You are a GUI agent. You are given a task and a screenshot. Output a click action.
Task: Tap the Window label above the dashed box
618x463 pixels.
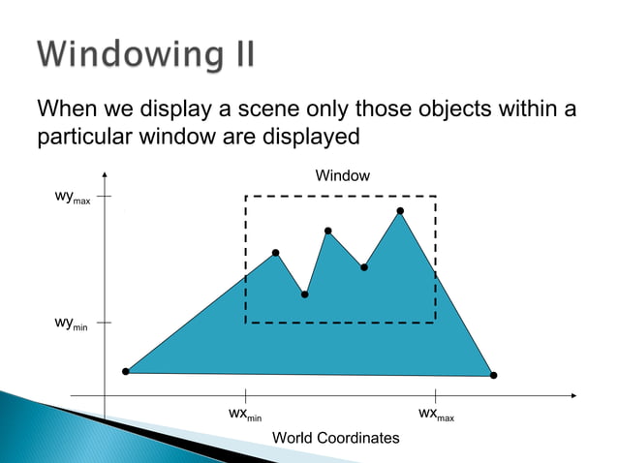click(x=343, y=175)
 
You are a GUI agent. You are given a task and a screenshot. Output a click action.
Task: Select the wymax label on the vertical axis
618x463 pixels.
click(x=73, y=199)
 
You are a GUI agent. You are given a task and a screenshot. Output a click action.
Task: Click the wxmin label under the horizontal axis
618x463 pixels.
click(x=245, y=415)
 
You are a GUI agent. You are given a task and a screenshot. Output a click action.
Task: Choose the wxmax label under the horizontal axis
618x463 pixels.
click(x=436, y=415)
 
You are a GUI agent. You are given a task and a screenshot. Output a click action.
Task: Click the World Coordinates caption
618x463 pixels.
click(x=335, y=438)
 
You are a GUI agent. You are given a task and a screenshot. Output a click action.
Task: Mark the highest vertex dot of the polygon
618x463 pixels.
click(x=400, y=210)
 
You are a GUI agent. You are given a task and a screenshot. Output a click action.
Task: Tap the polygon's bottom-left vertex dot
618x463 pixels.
click(x=126, y=371)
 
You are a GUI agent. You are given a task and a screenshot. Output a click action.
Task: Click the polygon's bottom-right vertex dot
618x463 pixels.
click(x=493, y=375)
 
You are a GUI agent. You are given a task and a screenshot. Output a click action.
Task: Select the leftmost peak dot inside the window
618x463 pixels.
click(x=276, y=253)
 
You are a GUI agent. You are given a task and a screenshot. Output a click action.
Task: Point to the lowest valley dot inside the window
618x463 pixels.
click(x=305, y=293)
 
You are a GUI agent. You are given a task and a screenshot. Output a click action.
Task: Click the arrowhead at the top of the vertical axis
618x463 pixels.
click(x=104, y=175)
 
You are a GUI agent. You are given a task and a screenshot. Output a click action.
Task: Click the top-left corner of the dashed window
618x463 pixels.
click(x=246, y=197)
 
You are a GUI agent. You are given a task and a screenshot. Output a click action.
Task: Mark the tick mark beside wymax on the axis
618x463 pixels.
click(x=104, y=196)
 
